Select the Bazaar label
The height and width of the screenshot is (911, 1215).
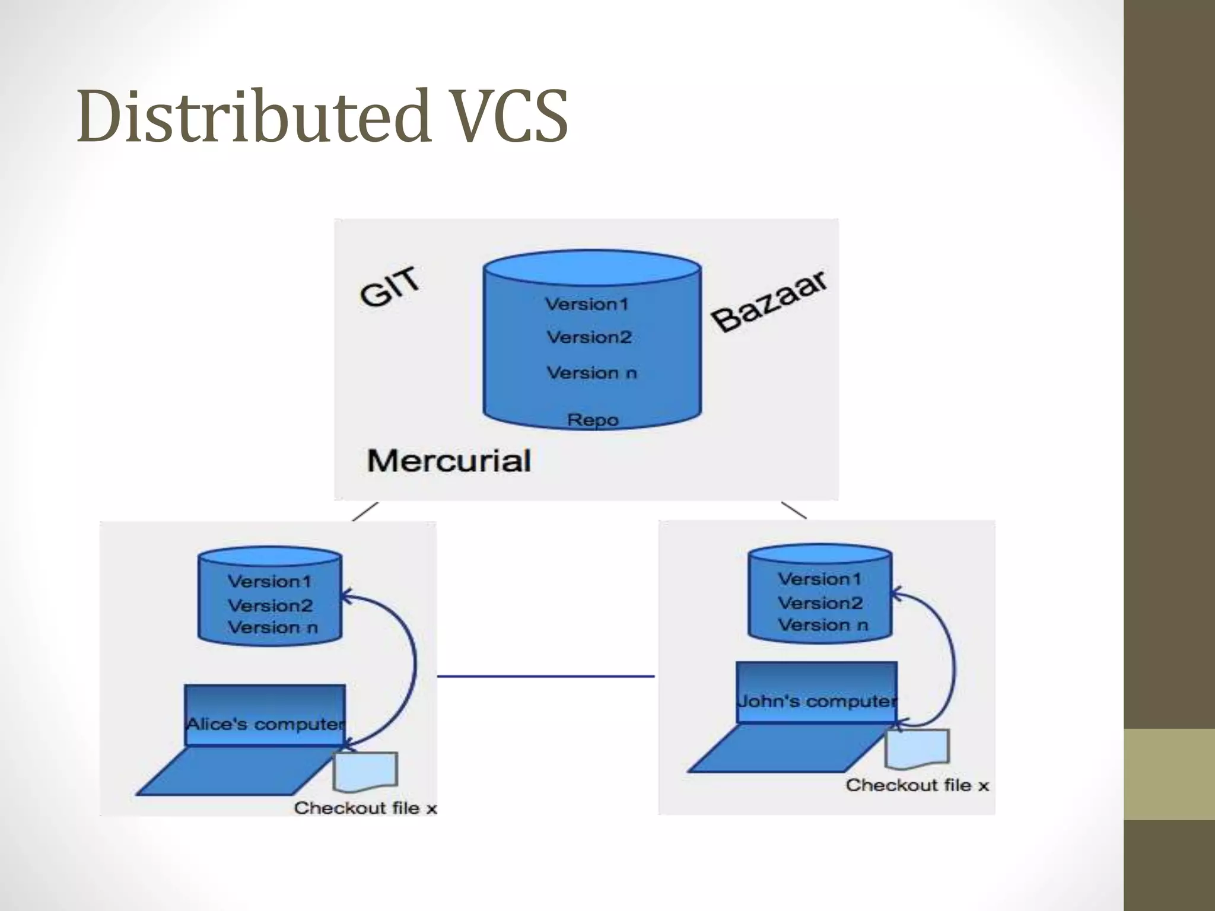[x=769, y=301]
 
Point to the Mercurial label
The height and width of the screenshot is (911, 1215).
[x=449, y=461]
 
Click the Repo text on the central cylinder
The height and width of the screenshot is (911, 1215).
[x=593, y=420]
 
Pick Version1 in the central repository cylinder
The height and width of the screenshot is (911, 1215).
[x=587, y=304]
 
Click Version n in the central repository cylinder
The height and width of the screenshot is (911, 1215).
[x=591, y=373]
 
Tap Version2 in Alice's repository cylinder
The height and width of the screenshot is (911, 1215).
[x=270, y=606]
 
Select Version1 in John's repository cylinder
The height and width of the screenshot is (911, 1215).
[x=819, y=579]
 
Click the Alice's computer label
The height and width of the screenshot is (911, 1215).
[x=265, y=724]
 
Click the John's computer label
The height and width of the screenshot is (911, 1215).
[x=817, y=701]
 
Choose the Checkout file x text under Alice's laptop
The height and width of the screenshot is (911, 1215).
[x=365, y=808]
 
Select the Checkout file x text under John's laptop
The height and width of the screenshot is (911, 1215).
[x=917, y=785]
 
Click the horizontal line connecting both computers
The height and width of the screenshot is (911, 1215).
[x=546, y=676]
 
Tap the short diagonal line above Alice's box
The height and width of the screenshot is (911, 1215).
[x=365, y=511]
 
